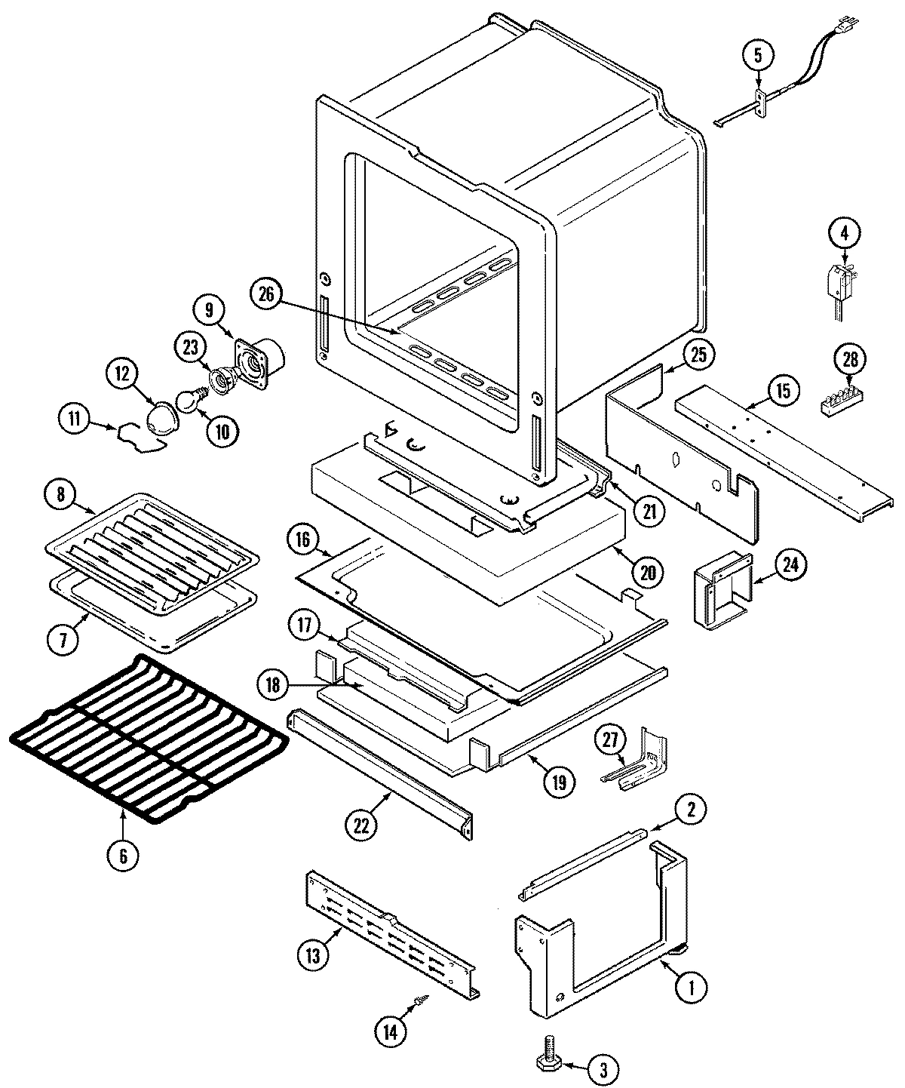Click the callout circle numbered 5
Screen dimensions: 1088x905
coord(758,55)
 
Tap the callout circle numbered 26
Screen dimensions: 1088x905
coord(268,295)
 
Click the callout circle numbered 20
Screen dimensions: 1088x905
coord(647,572)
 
